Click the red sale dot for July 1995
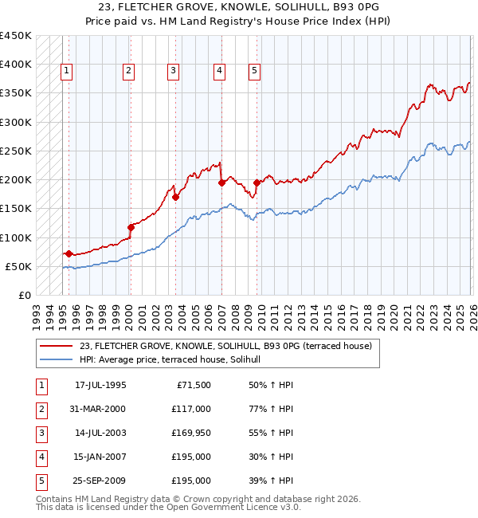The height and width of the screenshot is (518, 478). click(x=69, y=253)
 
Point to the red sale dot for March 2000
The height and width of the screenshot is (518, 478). click(x=130, y=227)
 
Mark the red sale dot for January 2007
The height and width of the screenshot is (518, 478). click(x=221, y=182)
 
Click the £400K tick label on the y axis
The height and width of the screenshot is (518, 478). click(x=16, y=65)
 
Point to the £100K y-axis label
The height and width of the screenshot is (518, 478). click(x=16, y=237)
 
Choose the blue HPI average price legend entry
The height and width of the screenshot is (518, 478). click(x=175, y=360)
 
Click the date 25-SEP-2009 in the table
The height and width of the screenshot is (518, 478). click(x=100, y=481)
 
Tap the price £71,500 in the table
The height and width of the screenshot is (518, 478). click(x=191, y=384)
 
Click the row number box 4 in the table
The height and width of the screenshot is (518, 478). click(x=41, y=457)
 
